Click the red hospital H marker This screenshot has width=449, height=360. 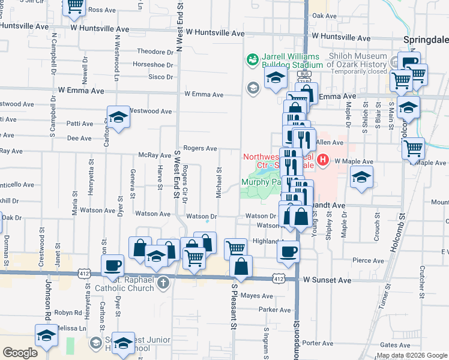[x=323, y=160]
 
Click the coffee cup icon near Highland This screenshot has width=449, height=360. [x=288, y=251]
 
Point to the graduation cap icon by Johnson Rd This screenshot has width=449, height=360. [x=46, y=335]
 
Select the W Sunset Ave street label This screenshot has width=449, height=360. [x=327, y=280]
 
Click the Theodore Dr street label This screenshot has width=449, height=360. [x=155, y=52]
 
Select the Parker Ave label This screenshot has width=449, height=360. [x=274, y=310]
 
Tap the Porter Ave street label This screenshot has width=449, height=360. [x=318, y=343]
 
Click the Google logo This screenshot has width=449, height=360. [x=20, y=353]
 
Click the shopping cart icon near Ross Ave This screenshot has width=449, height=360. [x=74, y=6]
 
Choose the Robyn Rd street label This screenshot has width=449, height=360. [x=68, y=313]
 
